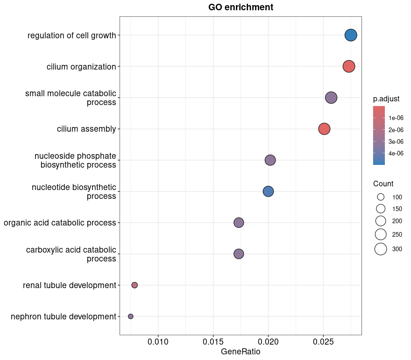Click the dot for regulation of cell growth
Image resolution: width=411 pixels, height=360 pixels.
pyautogui.click(x=351, y=35)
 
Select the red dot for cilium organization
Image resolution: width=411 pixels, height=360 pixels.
pyautogui.click(x=349, y=66)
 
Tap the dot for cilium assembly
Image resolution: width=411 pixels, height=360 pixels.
pyautogui.click(x=324, y=129)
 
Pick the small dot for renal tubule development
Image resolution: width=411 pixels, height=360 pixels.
pyautogui.click(x=135, y=285)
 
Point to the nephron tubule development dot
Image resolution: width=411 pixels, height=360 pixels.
pyautogui.click(x=131, y=317)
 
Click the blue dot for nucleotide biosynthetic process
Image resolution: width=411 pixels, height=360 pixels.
pyautogui.click(x=268, y=191)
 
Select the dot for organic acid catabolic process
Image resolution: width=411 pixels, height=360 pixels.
pyautogui.click(x=239, y=223)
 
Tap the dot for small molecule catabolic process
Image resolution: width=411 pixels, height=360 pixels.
pyautogui.click(x=331, y=98)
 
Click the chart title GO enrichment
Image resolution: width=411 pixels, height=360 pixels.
pyautogui.click(x=241, y=7)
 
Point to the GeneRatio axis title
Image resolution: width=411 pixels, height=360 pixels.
pyautogui.click(x=241, y=352)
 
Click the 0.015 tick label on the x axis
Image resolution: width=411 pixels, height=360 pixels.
pyautogui.click(x=213, y=341)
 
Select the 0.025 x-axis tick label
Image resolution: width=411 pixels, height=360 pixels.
pyautogui.click(x=323, y=341)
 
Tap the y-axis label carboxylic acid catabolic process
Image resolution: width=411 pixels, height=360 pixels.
pyautogui.click(x=71, y=254)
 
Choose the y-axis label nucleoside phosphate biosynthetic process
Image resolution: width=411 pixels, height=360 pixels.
pyautogui.click(x=75, y=160)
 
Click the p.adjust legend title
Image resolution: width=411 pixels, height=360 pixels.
pyautogui.click(x=386, y=99)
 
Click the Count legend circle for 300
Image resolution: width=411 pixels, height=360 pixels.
pyautogui.click(x=381, y=249)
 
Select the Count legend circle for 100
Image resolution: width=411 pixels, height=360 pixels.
pyautogui.click(x=381, y=197)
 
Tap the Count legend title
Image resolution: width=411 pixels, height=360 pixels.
pyautogui.click(x=383, y=184)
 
